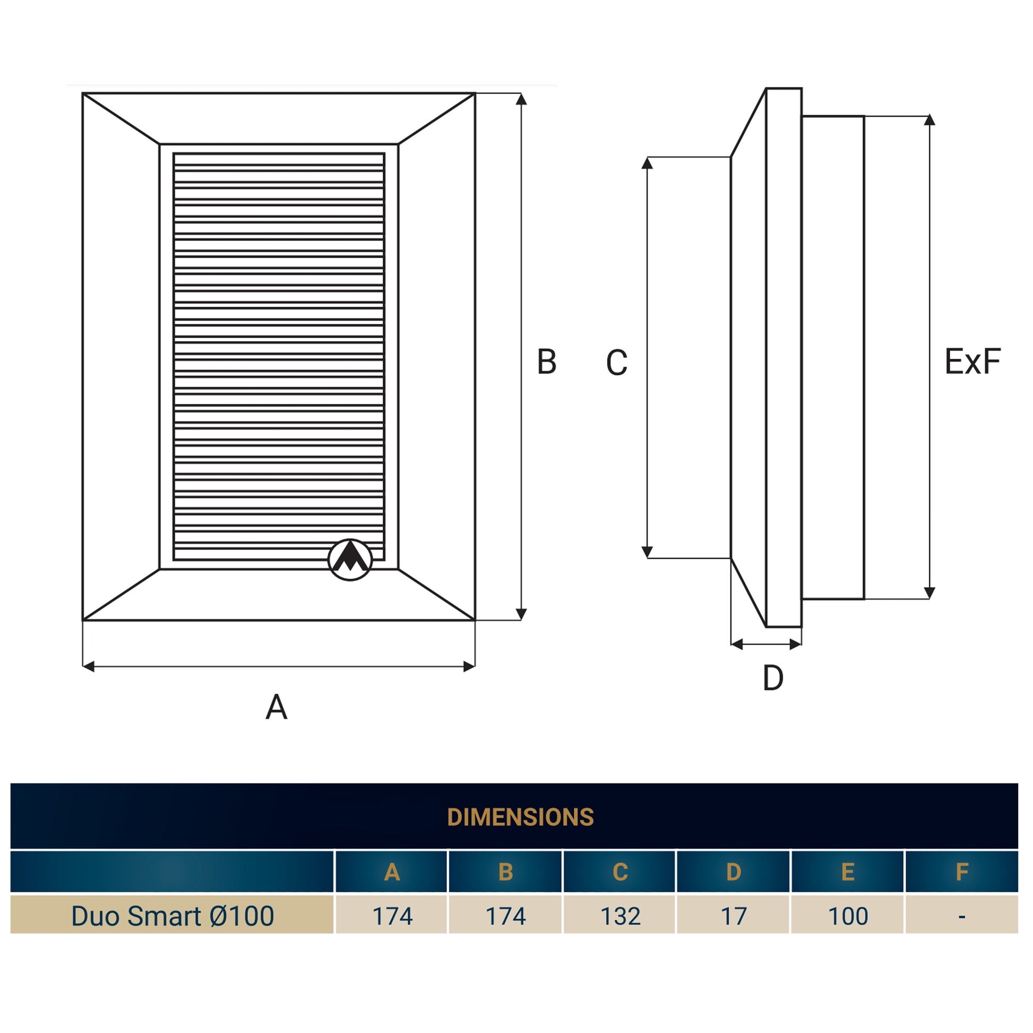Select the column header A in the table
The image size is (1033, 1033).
392,872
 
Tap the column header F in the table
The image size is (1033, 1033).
962,872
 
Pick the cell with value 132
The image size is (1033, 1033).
620,916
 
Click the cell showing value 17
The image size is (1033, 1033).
734,916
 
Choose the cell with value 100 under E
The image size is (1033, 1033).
848,916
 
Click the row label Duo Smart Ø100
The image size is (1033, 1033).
173,916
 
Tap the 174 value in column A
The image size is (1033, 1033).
392,916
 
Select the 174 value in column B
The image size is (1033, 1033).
506,916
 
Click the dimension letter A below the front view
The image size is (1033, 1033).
277,707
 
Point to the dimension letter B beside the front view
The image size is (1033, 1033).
546,361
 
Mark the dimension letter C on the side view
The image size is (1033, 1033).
616,363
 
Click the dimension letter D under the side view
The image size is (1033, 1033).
773,677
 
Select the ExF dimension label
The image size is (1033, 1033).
972,361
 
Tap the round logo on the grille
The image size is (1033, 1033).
350,559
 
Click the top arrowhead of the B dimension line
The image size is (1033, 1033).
522,99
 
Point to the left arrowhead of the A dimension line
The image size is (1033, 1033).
89,666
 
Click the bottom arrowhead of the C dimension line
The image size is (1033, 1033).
647,552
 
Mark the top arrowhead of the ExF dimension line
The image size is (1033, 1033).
930,120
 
